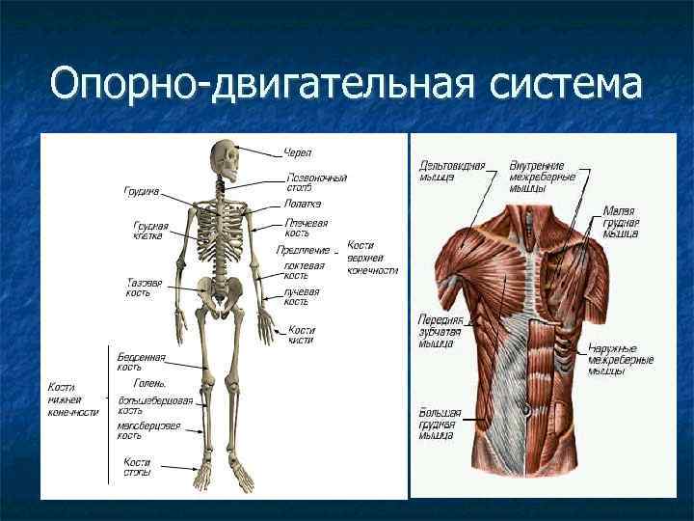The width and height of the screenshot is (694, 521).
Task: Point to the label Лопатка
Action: [x=303, y=204]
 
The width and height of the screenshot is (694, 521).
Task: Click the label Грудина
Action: [x=141, y=191]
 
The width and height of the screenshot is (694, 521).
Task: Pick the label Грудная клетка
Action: [x=150, y=233]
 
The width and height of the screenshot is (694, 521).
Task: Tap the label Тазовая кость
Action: [x=144, y=288]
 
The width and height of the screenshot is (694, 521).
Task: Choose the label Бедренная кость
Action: [x=142, y=361]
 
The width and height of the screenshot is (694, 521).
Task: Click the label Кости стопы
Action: [x=137, y=467]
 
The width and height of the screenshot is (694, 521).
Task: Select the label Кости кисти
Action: [x=301, y=334]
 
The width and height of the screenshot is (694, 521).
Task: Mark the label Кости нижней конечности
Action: [x=73, y=399]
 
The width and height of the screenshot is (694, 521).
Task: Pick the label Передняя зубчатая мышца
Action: [x=440, y=329]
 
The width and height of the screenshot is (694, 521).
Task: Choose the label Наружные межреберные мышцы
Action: [x=621, y=361]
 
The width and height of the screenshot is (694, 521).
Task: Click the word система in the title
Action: [x=565, y=83]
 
